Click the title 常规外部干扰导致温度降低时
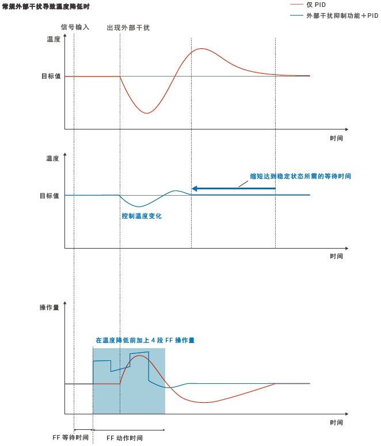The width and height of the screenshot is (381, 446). [x=46, y=6]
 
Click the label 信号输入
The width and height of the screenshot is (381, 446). [x=75, y=27]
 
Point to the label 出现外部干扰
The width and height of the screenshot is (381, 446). [x=128, y=28]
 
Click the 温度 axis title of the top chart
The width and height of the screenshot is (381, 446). [x=53, y=40]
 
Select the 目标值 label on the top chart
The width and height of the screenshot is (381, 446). [x=51, y=76]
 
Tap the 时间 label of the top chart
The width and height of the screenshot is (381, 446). [x=337, y=138]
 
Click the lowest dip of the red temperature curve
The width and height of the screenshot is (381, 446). [x=146, y=113]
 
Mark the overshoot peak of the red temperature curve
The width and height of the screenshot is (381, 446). [x=201, y=49]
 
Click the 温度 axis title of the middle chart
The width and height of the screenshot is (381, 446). [x=53, y=158]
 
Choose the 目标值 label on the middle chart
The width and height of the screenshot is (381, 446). [x=50, y=196]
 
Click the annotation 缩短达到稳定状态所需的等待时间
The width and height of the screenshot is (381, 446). [x=300, y=176]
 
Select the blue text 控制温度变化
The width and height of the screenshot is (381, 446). [x=142, y=216]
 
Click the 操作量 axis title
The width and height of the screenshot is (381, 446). [x=49, y=308]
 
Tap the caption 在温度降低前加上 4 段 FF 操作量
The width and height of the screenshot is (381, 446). [x=145, y=340]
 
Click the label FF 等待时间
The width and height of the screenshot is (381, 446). [x=71, y=437]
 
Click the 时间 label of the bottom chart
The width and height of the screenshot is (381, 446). [x=337, y=422]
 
